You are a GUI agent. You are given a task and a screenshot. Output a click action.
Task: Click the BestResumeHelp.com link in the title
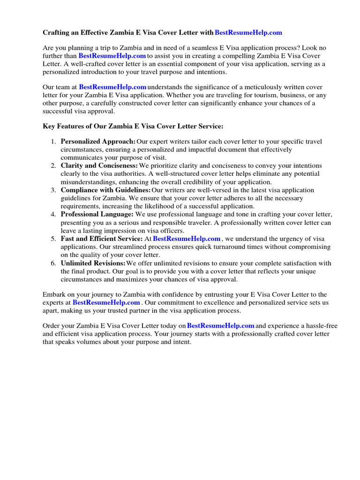point(248,32)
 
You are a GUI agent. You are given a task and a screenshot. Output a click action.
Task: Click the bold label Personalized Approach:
point(98,142)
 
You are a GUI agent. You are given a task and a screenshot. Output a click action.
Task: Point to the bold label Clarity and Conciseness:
point(99,165)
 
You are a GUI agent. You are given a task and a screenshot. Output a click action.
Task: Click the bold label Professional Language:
point(97,214)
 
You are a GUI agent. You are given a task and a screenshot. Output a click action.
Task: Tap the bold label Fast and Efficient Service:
point(102,239)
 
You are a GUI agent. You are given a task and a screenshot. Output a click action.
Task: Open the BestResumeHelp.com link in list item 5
point(187,239)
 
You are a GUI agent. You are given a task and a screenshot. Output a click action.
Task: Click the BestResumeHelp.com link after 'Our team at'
point(112,87)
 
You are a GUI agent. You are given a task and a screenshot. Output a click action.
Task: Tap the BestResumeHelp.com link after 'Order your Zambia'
point(220,325)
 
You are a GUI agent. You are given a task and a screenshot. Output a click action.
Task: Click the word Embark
point(55,294)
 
